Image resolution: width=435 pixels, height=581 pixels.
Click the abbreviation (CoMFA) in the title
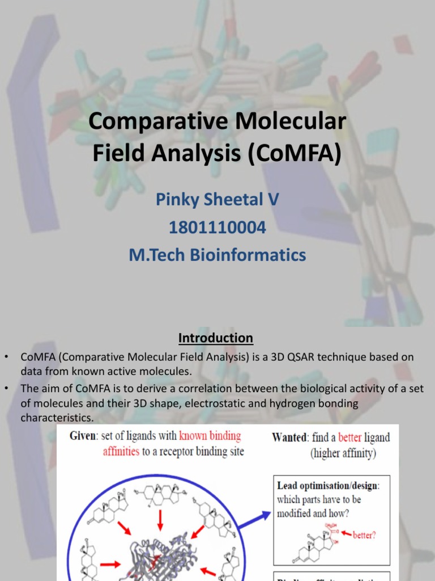295,153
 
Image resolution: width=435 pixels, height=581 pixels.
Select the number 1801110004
217,228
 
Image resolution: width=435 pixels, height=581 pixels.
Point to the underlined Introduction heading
216,339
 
